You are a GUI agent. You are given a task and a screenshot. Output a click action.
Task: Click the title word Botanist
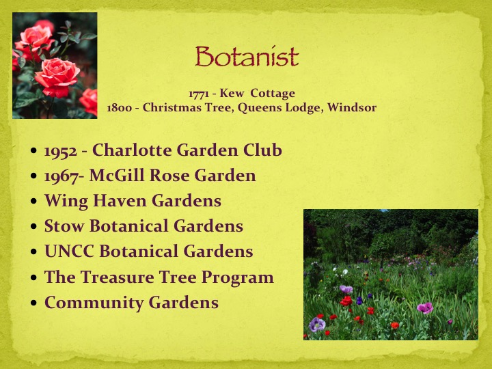(x=247, y=57)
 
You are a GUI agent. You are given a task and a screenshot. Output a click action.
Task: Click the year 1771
(x=199, y=94)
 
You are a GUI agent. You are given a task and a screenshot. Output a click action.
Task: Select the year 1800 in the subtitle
(x=119, y=108)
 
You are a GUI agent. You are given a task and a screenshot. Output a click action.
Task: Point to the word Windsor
(x=352, y=108)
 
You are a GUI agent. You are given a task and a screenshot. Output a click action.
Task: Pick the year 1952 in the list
(x=61, y=151)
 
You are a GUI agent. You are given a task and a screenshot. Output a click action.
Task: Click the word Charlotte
(x=132, y=150)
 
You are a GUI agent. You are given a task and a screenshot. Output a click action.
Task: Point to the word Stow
(x=64, y=226)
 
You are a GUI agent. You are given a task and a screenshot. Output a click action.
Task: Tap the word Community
(x=94, y=303)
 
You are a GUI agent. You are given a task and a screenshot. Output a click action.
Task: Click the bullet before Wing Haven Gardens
(x=34, y=201)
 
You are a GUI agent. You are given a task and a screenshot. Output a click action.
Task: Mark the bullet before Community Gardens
(x=34, y=303)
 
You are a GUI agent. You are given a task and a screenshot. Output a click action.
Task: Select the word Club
(x=262, y=150)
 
